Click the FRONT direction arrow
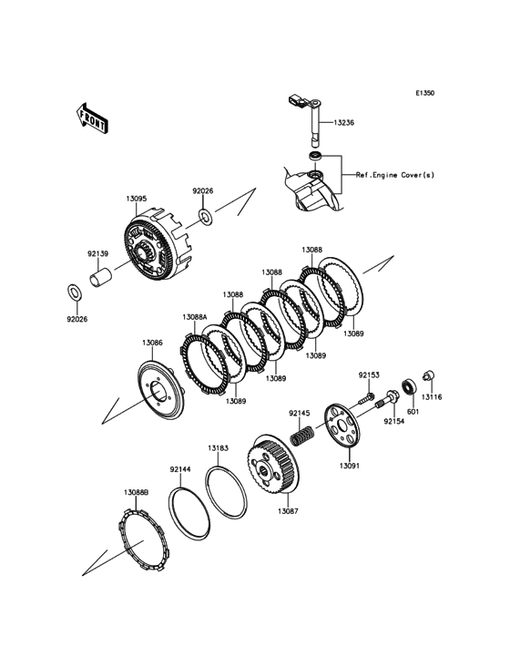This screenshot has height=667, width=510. point(91,118)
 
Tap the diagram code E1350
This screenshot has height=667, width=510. point(425,92)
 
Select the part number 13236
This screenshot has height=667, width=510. point(343,122)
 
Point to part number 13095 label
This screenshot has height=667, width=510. point(136,199)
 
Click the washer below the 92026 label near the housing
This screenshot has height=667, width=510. point(206,216)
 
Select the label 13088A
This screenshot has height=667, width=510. point(195,316)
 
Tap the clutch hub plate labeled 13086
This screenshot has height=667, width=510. point(160,388)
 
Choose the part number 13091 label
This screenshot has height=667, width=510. point(349,466)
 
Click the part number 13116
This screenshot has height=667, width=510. point(432,397)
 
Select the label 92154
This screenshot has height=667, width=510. point(393,422)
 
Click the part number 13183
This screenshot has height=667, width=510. point(218,448)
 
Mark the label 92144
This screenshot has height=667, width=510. point(180,469)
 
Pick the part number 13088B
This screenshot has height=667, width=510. point(136,492)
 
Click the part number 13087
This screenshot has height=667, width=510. point(288,511)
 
